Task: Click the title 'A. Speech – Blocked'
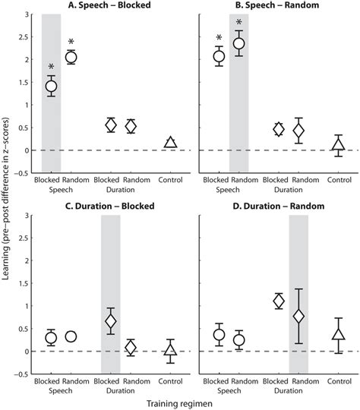pos(111,7)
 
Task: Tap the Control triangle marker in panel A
pos(170,142)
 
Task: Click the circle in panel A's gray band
pos(52,86)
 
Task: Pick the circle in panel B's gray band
pos(239,43)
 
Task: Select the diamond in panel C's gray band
pos(111,321)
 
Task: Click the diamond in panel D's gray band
pos(298,316)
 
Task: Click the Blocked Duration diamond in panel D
pos(279,301)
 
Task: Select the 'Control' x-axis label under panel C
pos(170,385)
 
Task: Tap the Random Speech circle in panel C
pos(71,336)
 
